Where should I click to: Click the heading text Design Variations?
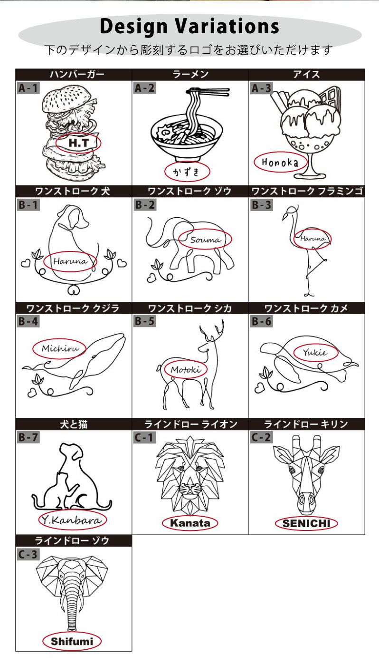click(x=189, y=27)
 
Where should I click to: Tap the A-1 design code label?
click(x=28, y=88)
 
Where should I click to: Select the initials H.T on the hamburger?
click(x=78, y=143)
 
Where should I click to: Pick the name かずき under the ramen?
click(x=187, y=172)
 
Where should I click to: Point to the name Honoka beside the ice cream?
click(x=280, y=162)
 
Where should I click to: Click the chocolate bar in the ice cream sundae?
click(x=330, y=97)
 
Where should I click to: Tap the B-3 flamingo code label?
click(x=261, y=205)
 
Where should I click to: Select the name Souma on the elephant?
click(x=206, y=240)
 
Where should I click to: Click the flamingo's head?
click(x=291, y=211)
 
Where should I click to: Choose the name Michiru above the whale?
click(x=60, y=348)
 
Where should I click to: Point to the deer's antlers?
click(x=212, y=330)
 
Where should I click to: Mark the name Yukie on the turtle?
click(x=315, y=352)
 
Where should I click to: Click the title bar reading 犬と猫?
click(x=74, y=424)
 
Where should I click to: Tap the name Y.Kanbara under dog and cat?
click(x=72, y=520)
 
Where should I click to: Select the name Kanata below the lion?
click(x=190, y=523)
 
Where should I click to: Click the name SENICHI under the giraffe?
click(x=306, y=523)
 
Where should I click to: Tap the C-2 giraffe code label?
click(x=261, y=437)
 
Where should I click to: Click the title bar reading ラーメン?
click(x=190, y=75)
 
